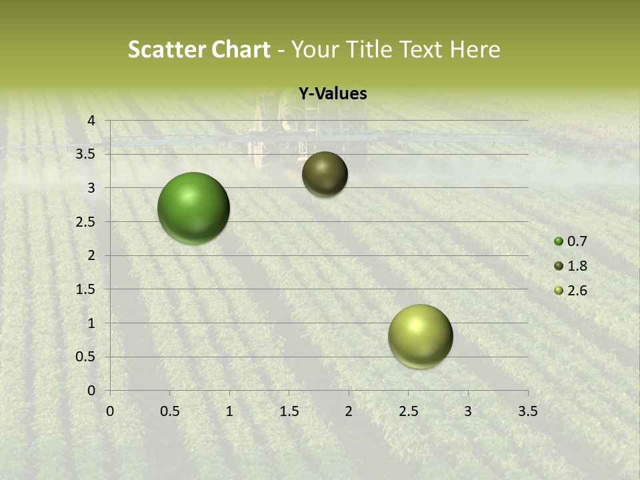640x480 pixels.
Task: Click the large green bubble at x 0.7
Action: click(193, 208)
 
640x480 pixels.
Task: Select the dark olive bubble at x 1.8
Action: click(325, 174)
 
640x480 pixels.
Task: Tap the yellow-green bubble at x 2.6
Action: click(420, 336)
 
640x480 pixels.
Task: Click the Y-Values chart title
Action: click(333, 94)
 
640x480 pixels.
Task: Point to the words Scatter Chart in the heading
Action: click(199, 49)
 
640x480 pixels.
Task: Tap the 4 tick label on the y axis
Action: click(91, 121)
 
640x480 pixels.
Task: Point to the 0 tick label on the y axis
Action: click(91, 391)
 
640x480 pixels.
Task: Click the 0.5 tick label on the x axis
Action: click(169, 411)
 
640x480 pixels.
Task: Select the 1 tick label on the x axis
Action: click(229, 411)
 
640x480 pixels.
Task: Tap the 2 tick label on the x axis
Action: click(349, 411)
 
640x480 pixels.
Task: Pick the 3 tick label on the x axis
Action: click(468, 411)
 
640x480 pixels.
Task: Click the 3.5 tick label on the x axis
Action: click(527, 411)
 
